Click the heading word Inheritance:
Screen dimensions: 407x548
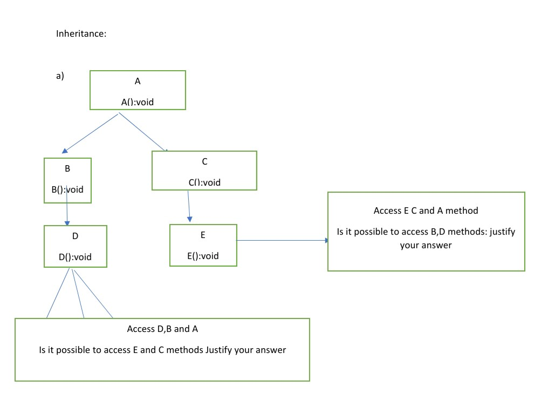pyautogui.click(x=81, y=33)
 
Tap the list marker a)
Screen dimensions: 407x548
pyautogui.click(x=60, y=76)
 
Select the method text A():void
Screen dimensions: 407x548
pyautogui.click(x=137, y=101)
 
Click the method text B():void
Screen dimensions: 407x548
pyautogui.click(x=67, y=189)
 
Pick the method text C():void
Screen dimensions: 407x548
pyautogui.click(x=204, y=182)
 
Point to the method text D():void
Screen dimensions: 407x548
pyautogui.click(x=75, y=257)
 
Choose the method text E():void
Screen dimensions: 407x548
pyautogui.click(x=203, y=256)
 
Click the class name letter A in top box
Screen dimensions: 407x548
pyautogui.click(x=138, y=82)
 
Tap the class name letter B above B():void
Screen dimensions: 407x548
pyautogui.click(x=67, y=168)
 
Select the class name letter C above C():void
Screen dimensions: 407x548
pyautogui.click(x=204, y=161)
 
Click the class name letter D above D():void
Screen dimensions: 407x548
pyautogui.click(x=75, y=236)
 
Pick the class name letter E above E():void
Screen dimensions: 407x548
pyautogui.click(x=203, y=235)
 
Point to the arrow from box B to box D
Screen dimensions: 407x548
pyautogui.click(x=67, y=211)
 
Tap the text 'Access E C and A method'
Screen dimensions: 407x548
pyautogui.click(x=426, y=211)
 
